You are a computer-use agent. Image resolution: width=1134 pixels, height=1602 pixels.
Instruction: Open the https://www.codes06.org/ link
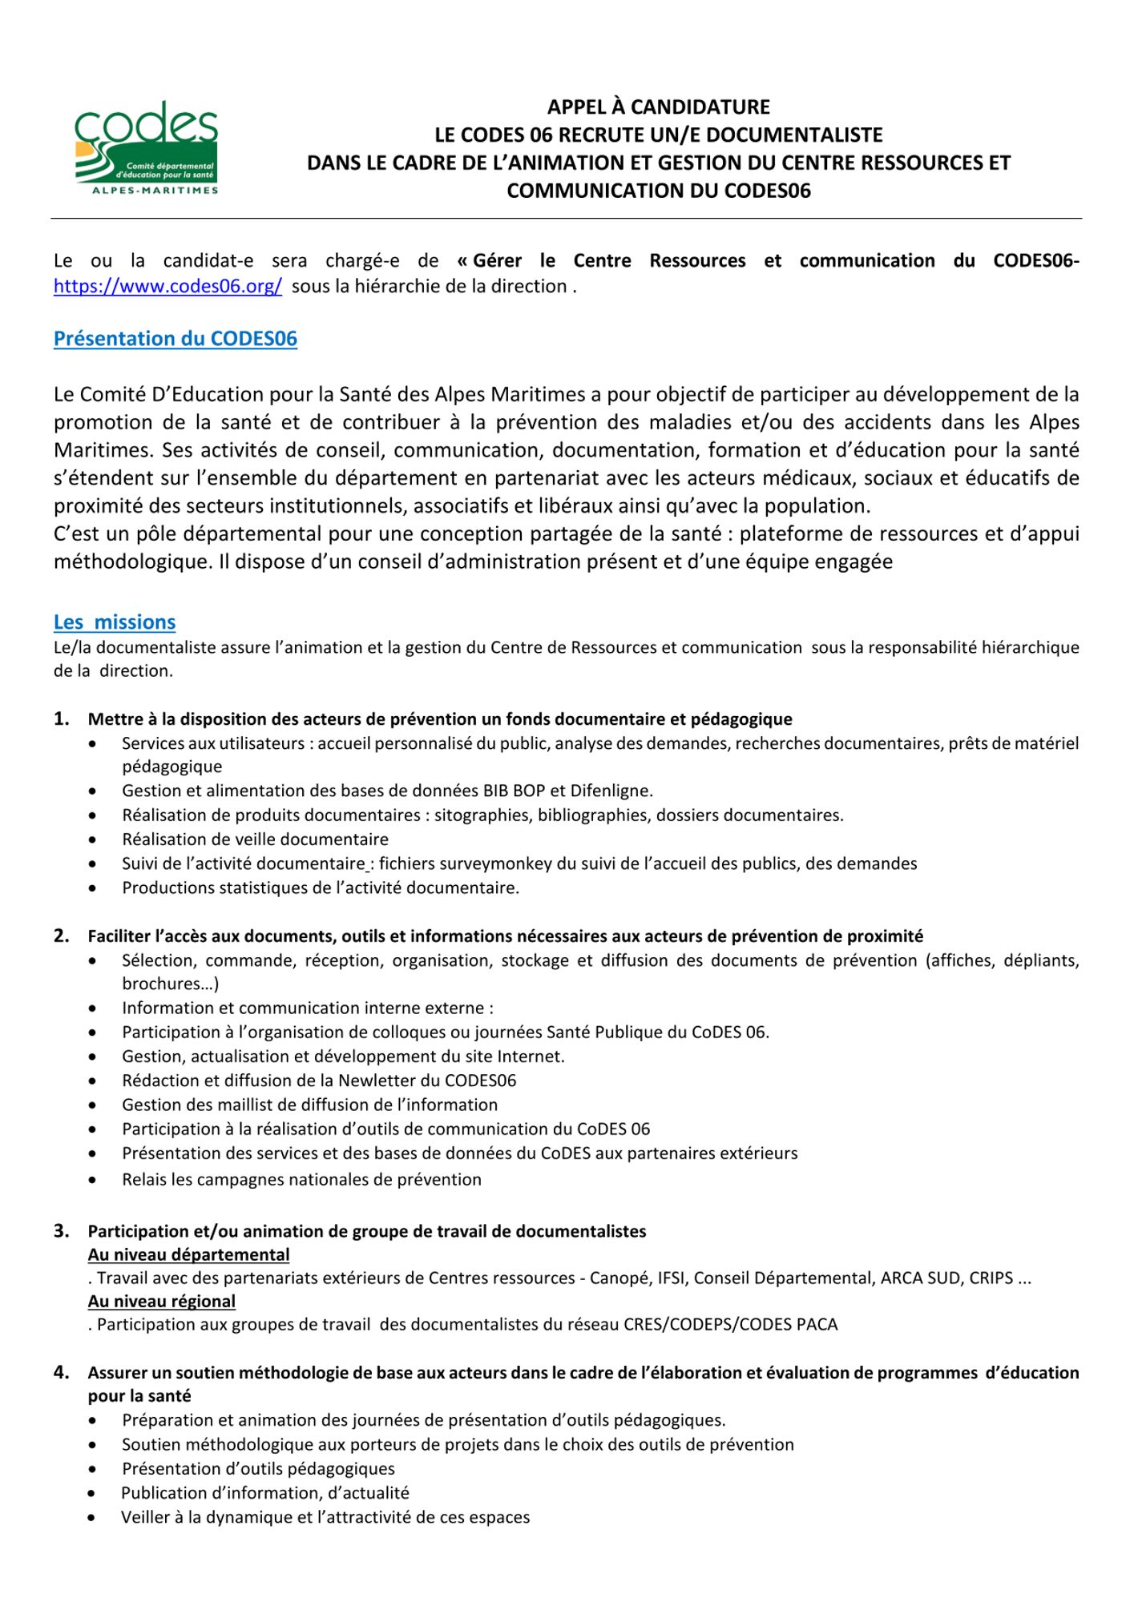pyautogui.click(x=167, y=287)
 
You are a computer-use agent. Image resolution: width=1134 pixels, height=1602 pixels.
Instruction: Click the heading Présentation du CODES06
pyautogui.click(x=175, y=339)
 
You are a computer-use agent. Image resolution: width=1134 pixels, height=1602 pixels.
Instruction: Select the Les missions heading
pyautogui.click(x=115, y=622)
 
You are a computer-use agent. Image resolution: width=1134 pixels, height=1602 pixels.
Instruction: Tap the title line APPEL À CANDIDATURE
pyautogui.click(x=658, y=107)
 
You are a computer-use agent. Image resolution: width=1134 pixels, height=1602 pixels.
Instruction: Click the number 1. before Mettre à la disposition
pyautogui.click(x=62, y=719)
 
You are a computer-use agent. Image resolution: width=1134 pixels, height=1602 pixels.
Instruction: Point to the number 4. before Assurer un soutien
pyautogui.click(x=62, y=1373)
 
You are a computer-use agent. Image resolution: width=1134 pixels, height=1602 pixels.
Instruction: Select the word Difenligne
pyautogui.click(x=611, y=791)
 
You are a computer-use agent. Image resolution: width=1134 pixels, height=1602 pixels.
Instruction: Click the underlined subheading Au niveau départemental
pyautogui.click(x=188, y=1255)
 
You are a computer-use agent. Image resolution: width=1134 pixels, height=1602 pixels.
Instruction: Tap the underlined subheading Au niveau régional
pyautogui.click(x=162, y=1302)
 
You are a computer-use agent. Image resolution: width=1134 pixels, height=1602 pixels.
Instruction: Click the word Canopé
pyautogui.click(x=619, y=1278)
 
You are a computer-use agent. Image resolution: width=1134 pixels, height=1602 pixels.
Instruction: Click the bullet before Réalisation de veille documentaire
pyautogui.click(x=95, y=840)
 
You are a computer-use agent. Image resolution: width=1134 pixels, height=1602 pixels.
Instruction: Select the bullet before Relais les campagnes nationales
pyautogui.click(x=95, y=1180)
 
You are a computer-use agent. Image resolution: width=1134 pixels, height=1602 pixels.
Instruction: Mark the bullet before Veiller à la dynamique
pyautogui.click(x=95, y=1518)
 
